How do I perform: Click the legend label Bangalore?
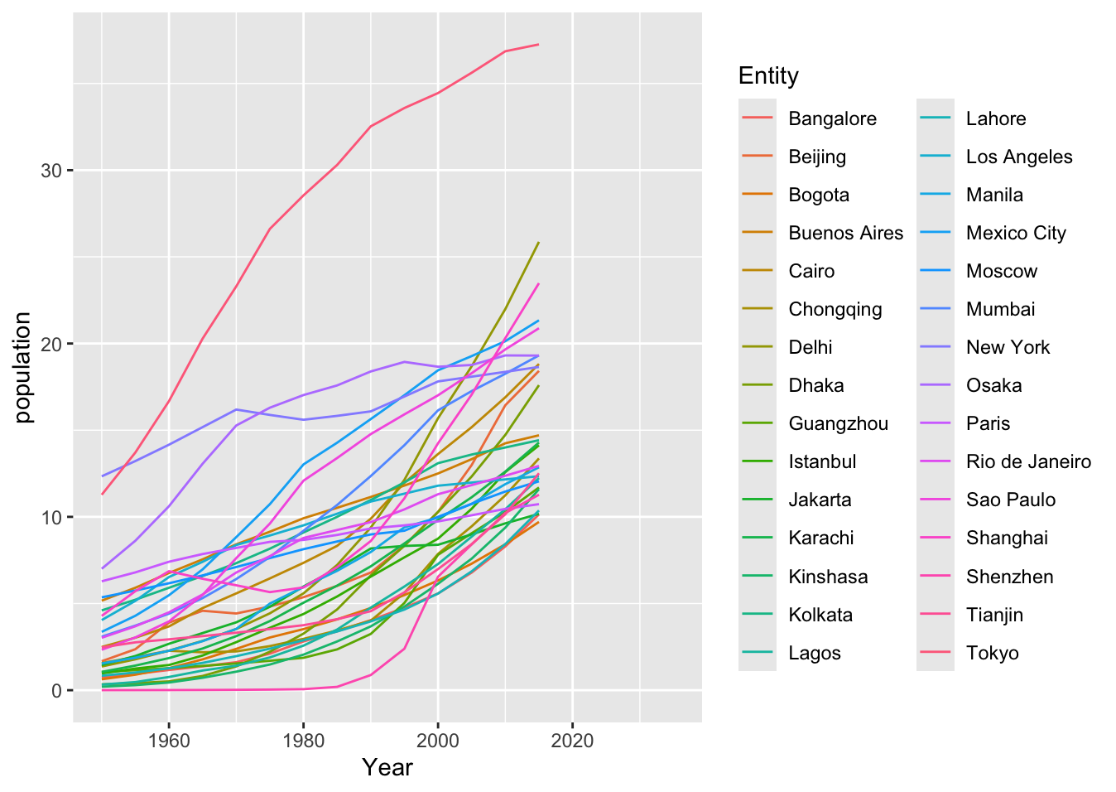(831, 118)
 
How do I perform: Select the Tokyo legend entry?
(992, 653)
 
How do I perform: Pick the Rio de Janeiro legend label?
(1027, 461)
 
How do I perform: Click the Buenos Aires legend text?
(845, 233)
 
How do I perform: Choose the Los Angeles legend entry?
(1018, 157)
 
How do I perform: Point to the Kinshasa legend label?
(827, 577)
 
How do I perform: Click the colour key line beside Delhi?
(758, 347)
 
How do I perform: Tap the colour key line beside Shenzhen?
(936, 577)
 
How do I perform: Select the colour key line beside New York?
(936, 347)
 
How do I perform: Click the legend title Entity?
(768, 76)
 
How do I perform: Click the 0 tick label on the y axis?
(57, 691)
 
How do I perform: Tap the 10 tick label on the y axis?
(52, 518)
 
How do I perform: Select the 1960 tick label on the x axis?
(169, 740)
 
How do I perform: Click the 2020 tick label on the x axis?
(572, 740)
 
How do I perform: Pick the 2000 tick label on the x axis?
(438, 740)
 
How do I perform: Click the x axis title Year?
(387, 768)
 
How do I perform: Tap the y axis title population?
(23, 367)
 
